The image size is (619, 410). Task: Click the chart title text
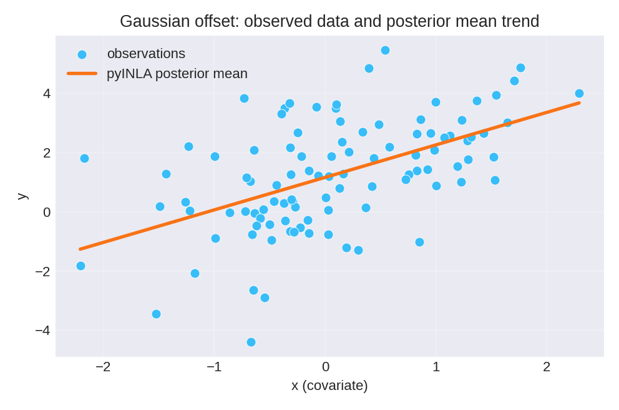pos(329,21)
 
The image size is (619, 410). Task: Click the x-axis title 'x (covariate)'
pos(329,386)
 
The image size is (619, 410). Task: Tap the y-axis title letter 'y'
pos(21,196)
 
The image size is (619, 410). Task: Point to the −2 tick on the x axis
pos(103,367)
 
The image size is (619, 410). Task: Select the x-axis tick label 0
pos(325,367)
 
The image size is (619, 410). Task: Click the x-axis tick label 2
pos(547,367)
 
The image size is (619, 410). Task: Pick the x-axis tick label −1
pos(214,367)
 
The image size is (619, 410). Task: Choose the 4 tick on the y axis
pos(47,94)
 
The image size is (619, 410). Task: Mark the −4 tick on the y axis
pos(43,330)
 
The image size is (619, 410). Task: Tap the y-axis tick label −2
pos(43,271)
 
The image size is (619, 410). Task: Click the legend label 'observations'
pos(146,54)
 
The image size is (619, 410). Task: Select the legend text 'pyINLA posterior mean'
pos(177,74)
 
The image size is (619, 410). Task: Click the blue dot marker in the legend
pos(82,54)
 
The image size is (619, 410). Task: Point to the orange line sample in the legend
pos(82,74)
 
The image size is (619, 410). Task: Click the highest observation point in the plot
pos(385,50)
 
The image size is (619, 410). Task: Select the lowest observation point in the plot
pos(251,342)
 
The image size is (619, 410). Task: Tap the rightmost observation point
pos(579,93)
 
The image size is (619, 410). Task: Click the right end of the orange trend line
pos(579,102)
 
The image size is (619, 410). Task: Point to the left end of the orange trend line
pos(80,249)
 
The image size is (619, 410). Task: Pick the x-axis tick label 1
pos(436,367)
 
